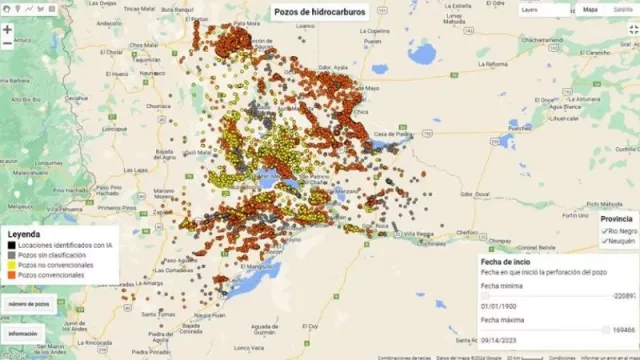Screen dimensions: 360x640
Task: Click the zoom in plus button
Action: coord(7,29)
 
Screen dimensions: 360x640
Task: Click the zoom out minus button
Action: coord(7,45)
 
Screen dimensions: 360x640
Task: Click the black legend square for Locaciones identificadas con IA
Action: coord(9,245)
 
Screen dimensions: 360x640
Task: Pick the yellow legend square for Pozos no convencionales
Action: coord(9,265)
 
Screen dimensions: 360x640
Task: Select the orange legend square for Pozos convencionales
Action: coord(9,275)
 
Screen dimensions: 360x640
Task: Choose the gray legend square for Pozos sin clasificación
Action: coord(9,255)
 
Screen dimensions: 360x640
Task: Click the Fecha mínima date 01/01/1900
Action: coord(499,307)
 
